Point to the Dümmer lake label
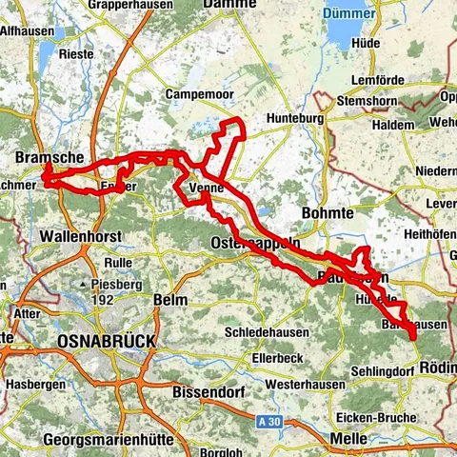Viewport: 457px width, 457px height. click(349, 14)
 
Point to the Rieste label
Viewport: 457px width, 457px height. click(76, 54)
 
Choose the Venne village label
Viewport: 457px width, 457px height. click(207, 189)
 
